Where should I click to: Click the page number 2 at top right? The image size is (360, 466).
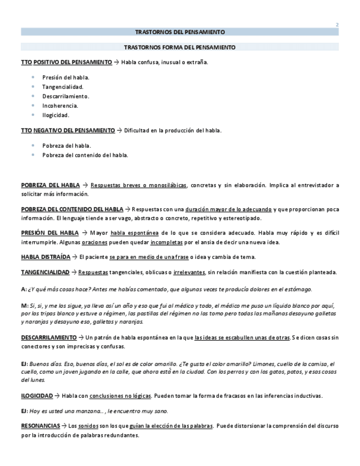337,25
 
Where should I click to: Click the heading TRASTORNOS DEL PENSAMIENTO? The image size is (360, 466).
180,32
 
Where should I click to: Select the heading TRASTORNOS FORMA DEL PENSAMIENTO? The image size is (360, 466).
180,47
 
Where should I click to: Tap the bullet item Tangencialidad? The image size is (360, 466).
63,87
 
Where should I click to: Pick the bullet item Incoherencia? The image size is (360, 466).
60,106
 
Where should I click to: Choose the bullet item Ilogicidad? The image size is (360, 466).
56,115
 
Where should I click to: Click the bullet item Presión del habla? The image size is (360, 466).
65,77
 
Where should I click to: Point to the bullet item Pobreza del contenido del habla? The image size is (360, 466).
85,155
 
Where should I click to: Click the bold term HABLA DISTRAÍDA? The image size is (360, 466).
46,257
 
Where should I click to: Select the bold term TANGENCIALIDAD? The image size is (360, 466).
45,272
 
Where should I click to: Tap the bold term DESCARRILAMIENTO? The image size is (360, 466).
49,337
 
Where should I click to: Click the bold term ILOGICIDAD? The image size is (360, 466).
37,396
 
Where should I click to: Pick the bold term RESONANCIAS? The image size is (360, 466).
40,426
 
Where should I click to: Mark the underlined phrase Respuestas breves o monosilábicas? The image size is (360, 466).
139,185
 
